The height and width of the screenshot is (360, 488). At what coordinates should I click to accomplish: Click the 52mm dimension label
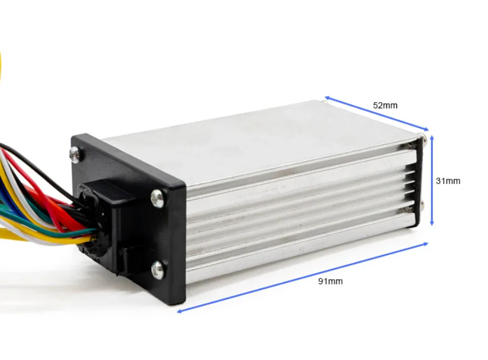tap(385, 106)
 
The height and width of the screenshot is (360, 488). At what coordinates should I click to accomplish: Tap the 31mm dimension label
tap(448, 181)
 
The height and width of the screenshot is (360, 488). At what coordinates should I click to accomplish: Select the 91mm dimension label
tap(330, 281)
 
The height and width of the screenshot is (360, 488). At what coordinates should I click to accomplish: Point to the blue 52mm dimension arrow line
tap(377, 114)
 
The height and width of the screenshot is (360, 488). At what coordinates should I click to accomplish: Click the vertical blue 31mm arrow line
tap(432, 180)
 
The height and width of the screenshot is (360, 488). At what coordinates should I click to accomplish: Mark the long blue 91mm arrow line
tap(303, 278)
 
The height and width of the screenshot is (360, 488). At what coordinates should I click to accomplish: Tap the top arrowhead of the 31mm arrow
tap(432, 138)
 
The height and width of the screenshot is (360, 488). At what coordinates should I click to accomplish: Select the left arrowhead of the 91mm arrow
tap(179, 311)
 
